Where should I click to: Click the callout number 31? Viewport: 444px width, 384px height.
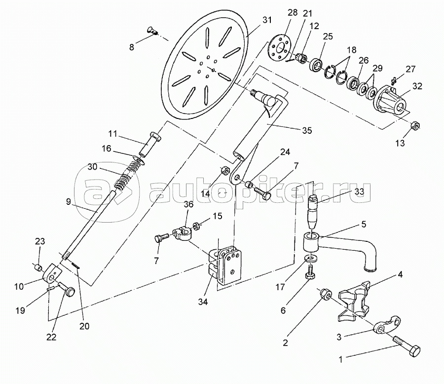point(266,20)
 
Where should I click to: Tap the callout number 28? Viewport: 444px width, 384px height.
point(293,12)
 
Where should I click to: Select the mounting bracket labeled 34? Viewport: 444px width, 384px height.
point(225,264)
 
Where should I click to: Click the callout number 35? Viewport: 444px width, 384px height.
point(307,130)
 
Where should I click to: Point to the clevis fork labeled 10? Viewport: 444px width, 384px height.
point(52,273)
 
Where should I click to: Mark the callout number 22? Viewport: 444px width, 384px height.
point(51,337)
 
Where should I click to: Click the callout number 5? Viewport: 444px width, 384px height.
point(364,224)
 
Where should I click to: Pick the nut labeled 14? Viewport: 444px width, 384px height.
point(225,171)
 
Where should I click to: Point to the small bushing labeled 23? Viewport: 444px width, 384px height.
point(38,267)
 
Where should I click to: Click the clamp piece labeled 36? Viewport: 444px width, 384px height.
point(182,234)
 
